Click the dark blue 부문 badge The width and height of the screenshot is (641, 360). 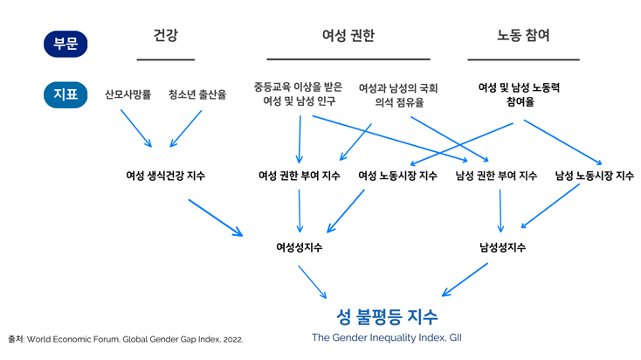coord(65,43)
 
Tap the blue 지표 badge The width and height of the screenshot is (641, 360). coord(65,93)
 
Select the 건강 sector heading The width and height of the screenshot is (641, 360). coord(165,37)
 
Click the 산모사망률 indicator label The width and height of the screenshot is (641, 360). coord(128,93)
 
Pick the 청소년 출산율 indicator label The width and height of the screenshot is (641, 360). coord(197,93)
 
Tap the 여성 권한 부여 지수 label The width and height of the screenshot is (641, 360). coord(300,176)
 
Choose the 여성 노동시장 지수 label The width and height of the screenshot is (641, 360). coord(397,176)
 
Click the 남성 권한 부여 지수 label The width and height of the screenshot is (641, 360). coord(496,176)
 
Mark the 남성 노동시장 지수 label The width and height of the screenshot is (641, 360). coord(594,176)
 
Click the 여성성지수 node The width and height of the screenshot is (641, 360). coord(300,247)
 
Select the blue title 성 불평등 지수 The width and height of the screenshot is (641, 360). coord(387,315)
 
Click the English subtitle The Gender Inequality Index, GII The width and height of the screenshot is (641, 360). coord(387,337)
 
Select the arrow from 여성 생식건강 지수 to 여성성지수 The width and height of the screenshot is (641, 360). coord(215,218)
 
